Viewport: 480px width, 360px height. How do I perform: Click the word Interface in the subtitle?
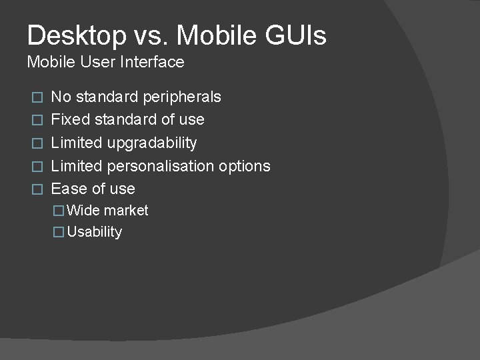(x=153, y=62)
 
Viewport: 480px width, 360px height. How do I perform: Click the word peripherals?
(x=182, y=97)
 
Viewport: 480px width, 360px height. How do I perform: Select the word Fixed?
(x=71, y=120)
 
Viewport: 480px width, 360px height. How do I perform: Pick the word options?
(x=245, y=166)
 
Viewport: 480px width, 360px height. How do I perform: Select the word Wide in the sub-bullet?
(x=83, y=211)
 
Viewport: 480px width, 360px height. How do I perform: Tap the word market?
(x=126, y=211)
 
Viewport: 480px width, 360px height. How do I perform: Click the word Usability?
(x=95, y=232)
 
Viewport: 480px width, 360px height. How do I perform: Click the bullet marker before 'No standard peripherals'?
(x=38, y=97)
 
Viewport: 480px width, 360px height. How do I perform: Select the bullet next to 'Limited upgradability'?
(x=38, y=143)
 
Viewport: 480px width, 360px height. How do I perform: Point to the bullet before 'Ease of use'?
(x=38, y=189)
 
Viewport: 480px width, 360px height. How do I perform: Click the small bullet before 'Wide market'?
(x=59, y=211)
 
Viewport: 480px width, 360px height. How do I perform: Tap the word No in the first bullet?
(x=61, y=97)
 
